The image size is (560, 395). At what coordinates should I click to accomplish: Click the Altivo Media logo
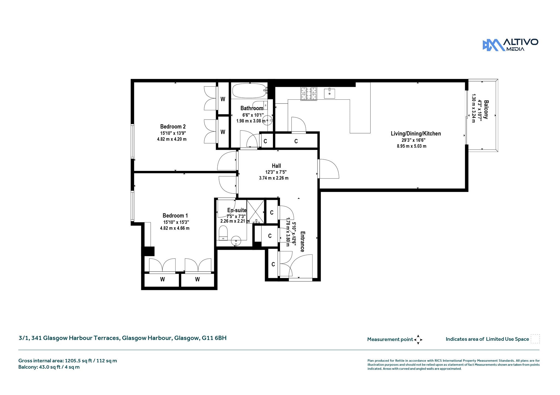(510, 45)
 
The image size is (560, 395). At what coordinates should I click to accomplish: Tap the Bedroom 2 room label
(173, 127)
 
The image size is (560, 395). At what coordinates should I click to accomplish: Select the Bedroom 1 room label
(175, 216)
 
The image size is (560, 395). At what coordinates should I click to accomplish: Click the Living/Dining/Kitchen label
(416, 133)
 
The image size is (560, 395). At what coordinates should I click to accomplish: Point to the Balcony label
(486, 109)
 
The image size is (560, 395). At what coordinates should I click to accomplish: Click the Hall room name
(276, 166)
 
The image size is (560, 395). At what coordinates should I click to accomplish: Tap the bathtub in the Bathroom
(249, 91)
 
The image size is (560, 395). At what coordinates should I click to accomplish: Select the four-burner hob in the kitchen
(309, 94)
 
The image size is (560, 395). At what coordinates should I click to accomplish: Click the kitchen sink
(329, 93)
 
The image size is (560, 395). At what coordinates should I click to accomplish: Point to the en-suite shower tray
(256, 212)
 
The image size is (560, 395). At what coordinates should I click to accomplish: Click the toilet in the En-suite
(223, 233)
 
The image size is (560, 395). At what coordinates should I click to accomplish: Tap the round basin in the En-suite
(236, 241)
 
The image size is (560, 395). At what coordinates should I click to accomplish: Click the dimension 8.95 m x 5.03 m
(412, 146)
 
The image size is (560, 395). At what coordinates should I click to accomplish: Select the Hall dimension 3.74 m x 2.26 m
(274, 178)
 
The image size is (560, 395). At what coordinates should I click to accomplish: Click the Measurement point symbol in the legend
(418, 340)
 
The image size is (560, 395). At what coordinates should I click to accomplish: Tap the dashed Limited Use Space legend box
(535, 339)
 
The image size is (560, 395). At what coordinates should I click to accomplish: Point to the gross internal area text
(68, 361)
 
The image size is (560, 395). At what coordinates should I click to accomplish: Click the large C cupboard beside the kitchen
(296, 141)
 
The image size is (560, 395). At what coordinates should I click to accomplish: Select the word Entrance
(302, 242)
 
